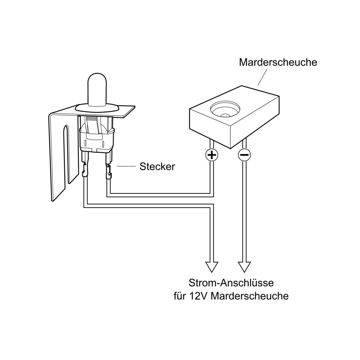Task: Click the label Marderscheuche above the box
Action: [278, 62]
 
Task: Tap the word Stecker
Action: [157, 167]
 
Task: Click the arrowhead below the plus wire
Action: [212, 267]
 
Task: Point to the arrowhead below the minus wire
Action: [244, 267]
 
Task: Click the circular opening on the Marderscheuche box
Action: [225, 109]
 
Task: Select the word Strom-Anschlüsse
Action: [231, 283]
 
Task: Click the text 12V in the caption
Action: [199, 296]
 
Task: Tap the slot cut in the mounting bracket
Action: [66, 154]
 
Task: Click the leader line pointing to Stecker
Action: [126, 166]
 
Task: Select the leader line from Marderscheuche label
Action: [262, 77]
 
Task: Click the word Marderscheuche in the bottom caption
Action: [249, 296]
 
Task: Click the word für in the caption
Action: [180, 296]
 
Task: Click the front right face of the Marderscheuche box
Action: [255, 122]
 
